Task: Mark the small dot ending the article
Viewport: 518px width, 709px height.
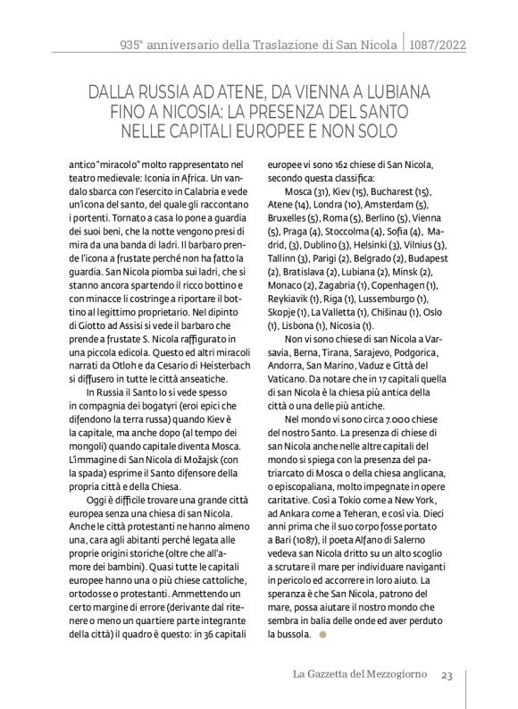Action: pos(323,636)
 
